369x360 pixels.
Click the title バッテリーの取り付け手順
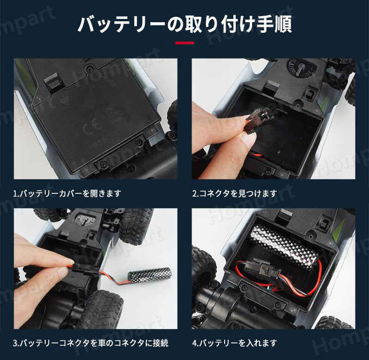coord(185,24)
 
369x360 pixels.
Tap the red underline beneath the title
coord(185,43)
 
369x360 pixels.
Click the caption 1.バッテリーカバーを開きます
coord(67,193)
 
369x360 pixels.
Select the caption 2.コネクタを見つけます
coord(234,193)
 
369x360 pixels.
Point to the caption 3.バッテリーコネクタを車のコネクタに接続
coord(91,343)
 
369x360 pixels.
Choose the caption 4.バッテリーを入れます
coord(234,343)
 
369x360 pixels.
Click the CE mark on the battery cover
coord(89,127)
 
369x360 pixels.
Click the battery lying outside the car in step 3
coord(149,275)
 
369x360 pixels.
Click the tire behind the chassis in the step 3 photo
coord(134,226)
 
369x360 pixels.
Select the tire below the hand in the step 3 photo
coord(103,308)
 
